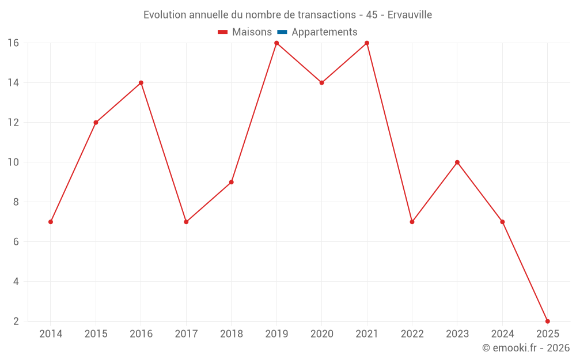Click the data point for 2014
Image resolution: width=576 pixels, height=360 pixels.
coord(51,222)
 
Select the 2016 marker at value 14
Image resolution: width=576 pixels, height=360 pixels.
coord(141,82)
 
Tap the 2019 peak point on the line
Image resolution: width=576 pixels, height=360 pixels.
coord(276,43)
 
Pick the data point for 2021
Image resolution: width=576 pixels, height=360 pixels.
coord(367,43)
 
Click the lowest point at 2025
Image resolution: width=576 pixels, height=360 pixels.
coord(547,321)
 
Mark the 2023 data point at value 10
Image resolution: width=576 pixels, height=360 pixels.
coord(457,162)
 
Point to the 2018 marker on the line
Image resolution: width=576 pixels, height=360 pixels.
coord(231,182)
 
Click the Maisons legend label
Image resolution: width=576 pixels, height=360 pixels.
coord(252,32)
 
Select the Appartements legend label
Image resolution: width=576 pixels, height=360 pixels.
coord(324,32)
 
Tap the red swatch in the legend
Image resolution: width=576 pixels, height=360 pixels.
coord(223,32)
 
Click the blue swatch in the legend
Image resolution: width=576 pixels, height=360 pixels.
coord(282,32)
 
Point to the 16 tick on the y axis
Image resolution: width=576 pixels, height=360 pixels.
coord(13,43)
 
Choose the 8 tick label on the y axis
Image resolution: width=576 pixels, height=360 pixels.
coord(16,202)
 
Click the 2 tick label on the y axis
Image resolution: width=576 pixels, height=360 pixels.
coord(16,321)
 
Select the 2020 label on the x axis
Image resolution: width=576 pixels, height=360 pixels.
coord(321,334)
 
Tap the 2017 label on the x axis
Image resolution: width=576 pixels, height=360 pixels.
coord(186,334)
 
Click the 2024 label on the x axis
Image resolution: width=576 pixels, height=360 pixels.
coord(502,334)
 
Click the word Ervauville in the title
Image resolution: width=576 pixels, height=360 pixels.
coord(410,15)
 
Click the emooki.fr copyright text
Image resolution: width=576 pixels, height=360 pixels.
coord(526,348)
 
